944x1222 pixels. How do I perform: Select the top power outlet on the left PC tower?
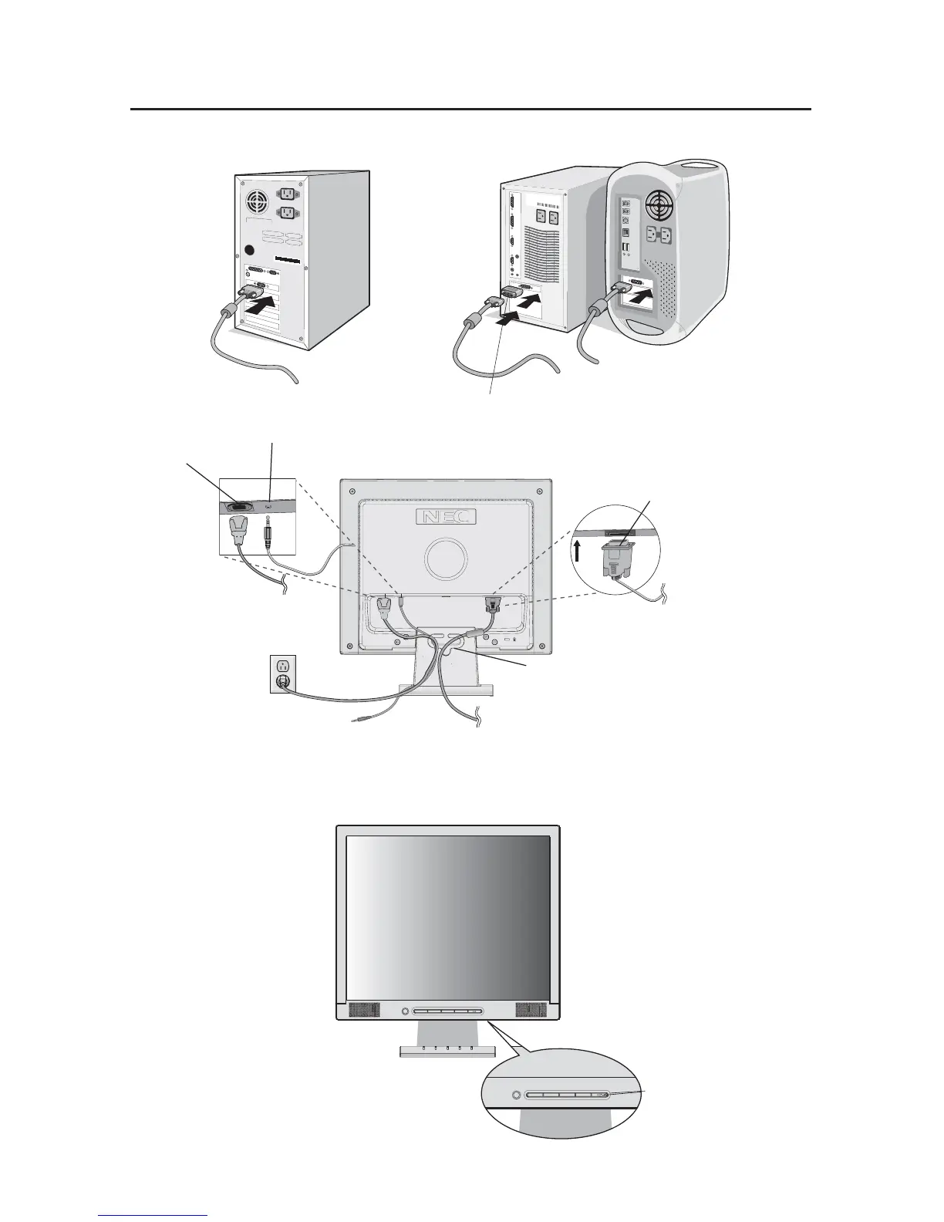(x=288, y=194)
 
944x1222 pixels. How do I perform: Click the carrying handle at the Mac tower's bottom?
(x=647, y=328)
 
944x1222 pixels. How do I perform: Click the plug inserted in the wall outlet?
(x=283, y=680)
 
